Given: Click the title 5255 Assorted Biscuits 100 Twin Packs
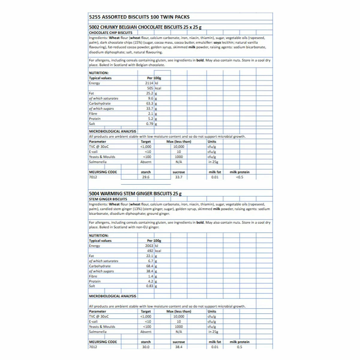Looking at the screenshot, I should click(x=139, y=17).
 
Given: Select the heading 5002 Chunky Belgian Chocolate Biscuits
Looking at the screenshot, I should click(x=145, y=27).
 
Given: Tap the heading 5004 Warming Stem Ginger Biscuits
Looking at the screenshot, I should click(x=135, y=194).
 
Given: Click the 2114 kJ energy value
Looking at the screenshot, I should click(x=149, y=83).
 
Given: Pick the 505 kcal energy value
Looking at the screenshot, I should click(x=150, y=88).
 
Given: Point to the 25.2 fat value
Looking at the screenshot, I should click(x=150, y=93).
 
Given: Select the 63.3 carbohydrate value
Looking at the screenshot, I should click(x=150, y=103).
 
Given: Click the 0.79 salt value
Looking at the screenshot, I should click(x=150, y=124).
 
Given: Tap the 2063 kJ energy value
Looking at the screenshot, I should click(x=149, y=246).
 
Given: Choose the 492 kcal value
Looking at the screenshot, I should click(x=150, y=251).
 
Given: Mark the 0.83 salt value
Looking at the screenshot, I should click(x=150, y=286).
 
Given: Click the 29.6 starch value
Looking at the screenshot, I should click(x=146, y=177).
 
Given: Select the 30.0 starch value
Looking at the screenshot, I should click(x=146, y=347).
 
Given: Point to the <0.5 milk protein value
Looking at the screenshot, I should click(x=239, y=177).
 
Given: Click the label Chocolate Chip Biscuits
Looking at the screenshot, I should click(x=111, y=33).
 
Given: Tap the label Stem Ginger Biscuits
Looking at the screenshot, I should click(x=108, y=199).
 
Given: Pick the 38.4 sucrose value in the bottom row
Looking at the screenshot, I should click(x=179, y=347).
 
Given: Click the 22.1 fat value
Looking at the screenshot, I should click(x=150, y=256).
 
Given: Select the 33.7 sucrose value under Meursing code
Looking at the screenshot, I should click(x=179, y=177).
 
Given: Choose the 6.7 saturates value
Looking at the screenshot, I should click(x=151, y=261).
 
